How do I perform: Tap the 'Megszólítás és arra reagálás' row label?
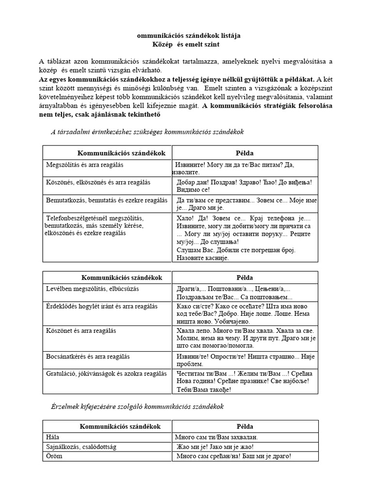[x=85, y=165]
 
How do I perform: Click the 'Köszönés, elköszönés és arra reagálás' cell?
[x=98, y=182]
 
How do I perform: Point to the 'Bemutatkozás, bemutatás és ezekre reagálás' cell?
[x=107, y=200]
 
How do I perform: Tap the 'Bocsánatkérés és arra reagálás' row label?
[x=88, y=356]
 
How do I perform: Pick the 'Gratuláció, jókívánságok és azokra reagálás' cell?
[x=106, y=373]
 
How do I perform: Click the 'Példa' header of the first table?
[x=245, y=153]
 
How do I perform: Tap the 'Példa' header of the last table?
[x=245, y=426]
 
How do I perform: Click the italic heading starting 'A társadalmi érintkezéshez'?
[x=147, y=131]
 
